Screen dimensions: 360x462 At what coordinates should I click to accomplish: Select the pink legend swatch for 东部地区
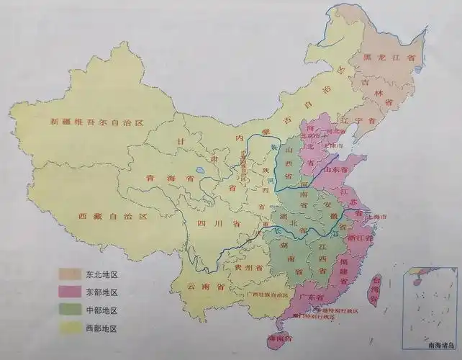(71, 292)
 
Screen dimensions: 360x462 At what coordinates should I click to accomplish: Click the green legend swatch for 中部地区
(71, 310)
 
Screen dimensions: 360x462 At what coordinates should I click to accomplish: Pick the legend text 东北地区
(101, 274)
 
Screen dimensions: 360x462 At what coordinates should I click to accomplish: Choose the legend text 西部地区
(101, 328)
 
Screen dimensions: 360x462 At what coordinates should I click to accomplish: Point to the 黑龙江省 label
(389, 57)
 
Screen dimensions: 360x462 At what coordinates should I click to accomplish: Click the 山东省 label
(343, 168)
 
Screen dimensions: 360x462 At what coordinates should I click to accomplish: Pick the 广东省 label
(311, 297)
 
